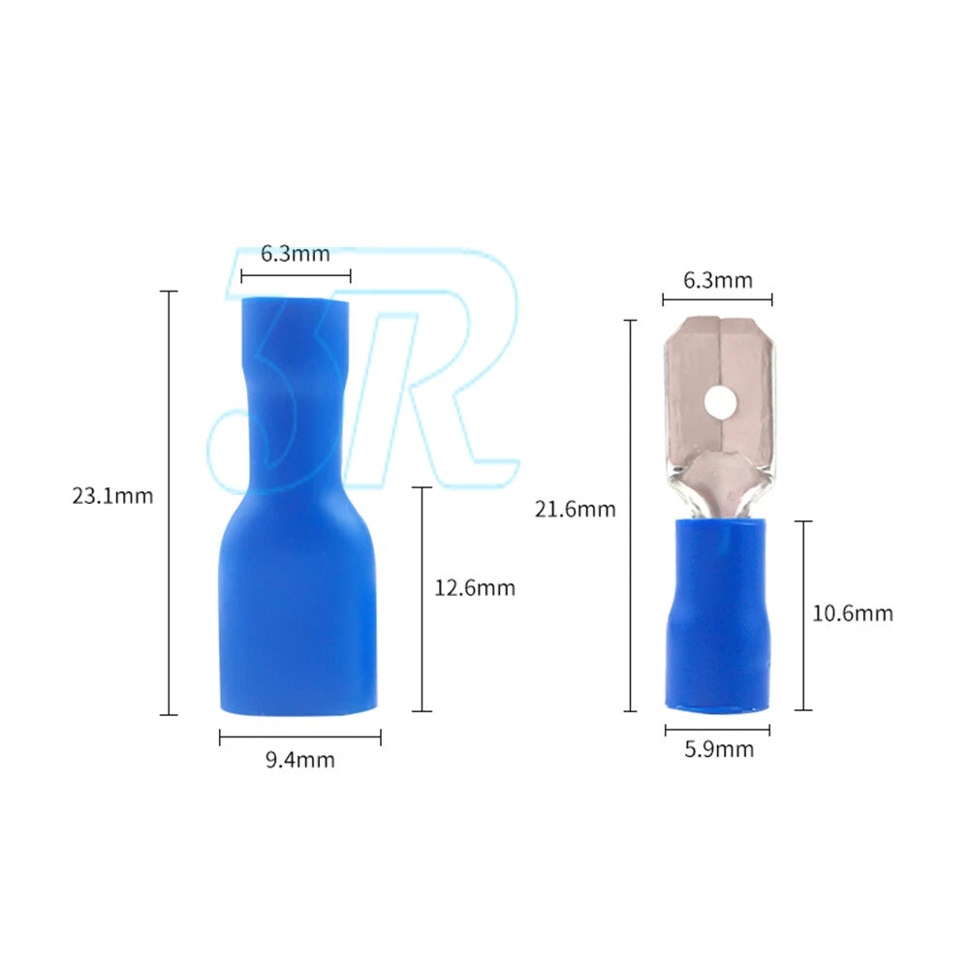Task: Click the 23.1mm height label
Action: click(112, 495)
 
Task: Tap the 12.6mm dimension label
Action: click(475, 588)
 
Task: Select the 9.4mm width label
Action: click(300, 760)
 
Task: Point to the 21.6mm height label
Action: click(576, 510)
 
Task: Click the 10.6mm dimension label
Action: click(853, 613)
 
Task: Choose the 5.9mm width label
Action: click(719, 749)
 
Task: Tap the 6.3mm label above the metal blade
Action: click(718, 281)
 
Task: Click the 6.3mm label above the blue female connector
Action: click(296, 253)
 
